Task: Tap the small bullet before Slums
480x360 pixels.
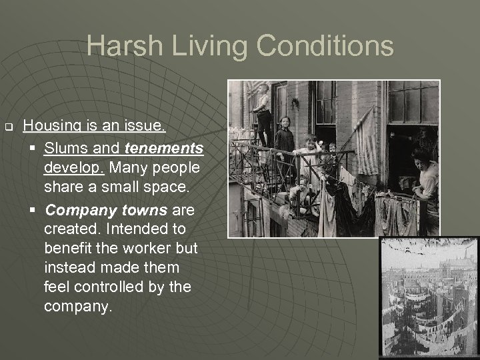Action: (x=33, y=146)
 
